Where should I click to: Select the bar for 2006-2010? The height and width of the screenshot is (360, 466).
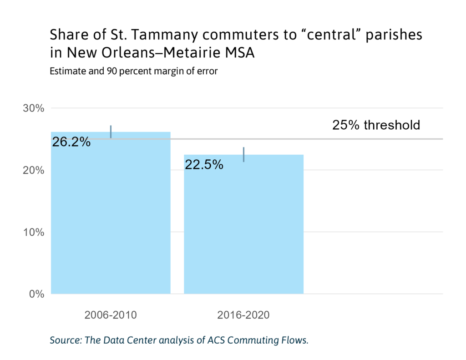click(111, 218)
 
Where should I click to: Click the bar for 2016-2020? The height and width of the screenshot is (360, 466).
click(243, 228)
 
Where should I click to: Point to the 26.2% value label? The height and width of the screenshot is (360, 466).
click(71, 142)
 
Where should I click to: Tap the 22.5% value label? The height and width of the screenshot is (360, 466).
click(204, 165)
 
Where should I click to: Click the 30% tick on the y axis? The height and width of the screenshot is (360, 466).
click(34, 108)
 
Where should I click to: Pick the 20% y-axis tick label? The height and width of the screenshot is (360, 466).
click(34, 170)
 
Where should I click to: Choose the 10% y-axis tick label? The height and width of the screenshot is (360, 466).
click(34, 232)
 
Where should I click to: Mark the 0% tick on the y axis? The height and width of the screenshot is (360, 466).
click(37, 294)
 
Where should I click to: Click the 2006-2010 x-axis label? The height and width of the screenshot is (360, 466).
click(111, 315)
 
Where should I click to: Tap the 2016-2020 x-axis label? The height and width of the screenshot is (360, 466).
click(243, 315)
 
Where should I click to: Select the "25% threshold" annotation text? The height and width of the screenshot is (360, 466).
click(376, 125)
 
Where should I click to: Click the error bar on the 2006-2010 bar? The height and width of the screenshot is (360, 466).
click(111, 132)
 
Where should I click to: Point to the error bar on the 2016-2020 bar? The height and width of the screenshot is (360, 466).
click(244, 154)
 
